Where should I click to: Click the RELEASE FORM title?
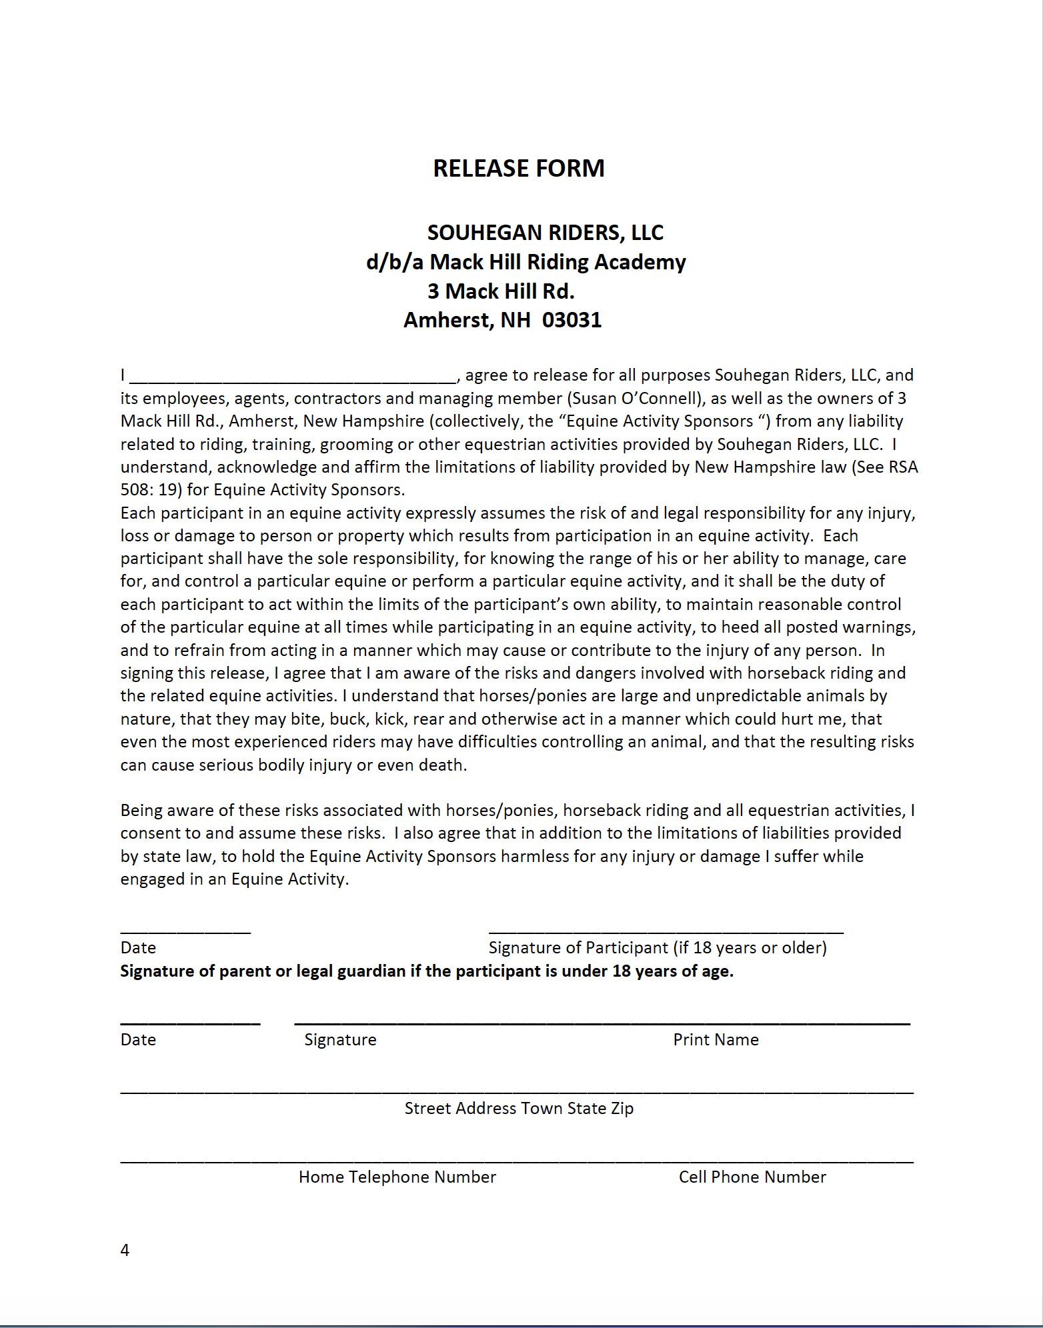click(x=519, y=169)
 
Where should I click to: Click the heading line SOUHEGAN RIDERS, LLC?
click(x=545, y=233)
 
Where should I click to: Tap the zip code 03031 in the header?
click(x=572, y=321)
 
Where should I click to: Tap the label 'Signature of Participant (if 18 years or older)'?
click(x=657, y=948)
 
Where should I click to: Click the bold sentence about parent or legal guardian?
click(x=427, y=971)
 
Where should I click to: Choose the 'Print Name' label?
click(x=716, y=1040)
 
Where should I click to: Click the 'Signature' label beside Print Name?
click(x=340, y=1040)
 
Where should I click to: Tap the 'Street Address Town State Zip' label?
click(x=519, y=1109)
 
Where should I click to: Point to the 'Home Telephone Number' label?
click(x=397, y=1177)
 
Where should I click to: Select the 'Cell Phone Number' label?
click(x=752, y=1177)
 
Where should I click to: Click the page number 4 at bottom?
click(x=125, y=1250)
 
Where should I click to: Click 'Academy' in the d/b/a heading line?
click(x=640, y=262)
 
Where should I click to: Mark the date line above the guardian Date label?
click(x=190, y=1023)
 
